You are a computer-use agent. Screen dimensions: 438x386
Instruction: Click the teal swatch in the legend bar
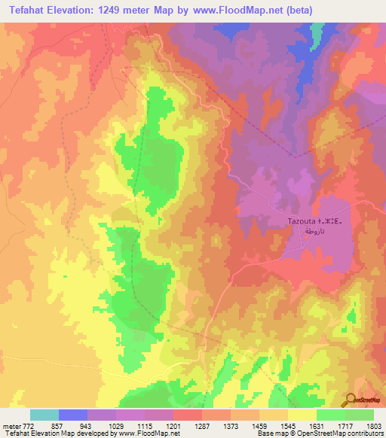point(44,415)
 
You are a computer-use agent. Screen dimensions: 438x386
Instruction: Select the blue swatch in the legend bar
point(73,415)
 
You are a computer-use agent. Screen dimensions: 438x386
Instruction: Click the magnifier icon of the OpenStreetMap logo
point(351,399)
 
